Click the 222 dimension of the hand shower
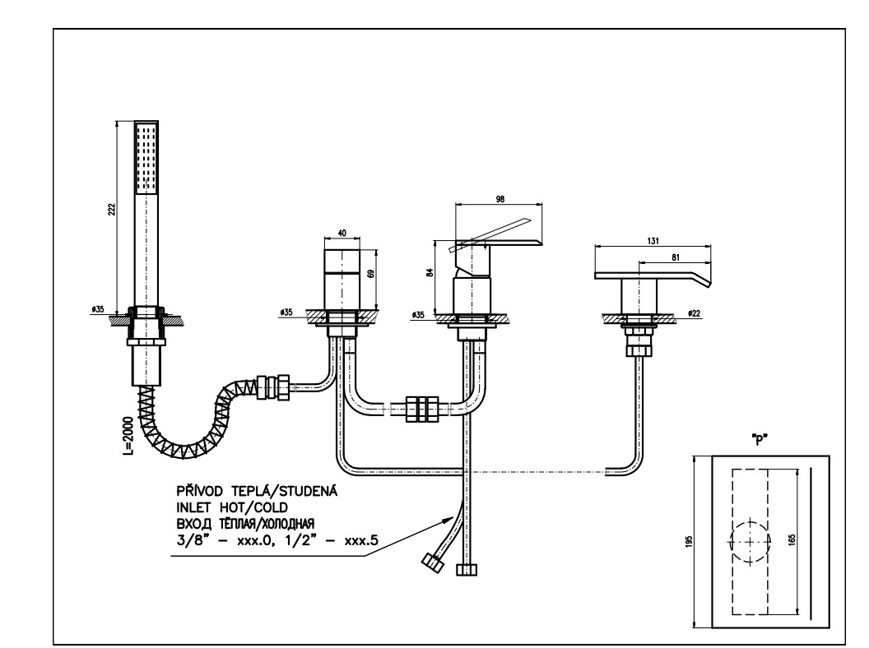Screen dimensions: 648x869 (111, 209)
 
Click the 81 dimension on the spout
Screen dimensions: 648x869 (675, 257)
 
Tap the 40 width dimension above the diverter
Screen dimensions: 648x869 (342, 234)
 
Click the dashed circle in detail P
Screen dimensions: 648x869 (750, 541)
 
